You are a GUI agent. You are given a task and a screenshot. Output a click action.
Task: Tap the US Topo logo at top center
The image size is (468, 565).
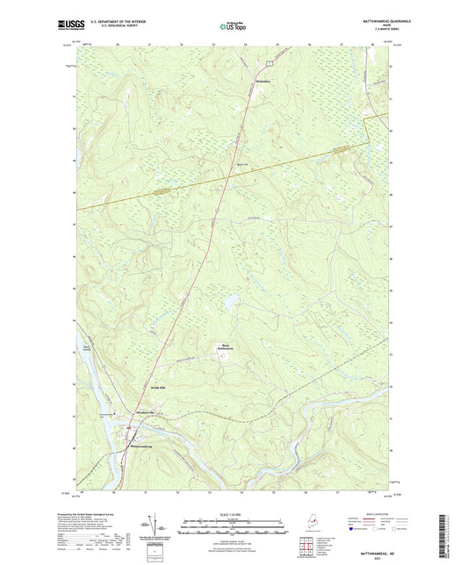click(x=233, y=27)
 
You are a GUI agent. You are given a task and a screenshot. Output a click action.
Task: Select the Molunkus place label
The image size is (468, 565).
click(x=262, y=82)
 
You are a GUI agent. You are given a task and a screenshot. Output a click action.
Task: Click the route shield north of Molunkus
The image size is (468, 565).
click(x=270, y=63)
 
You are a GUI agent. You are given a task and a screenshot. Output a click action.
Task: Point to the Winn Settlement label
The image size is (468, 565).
click(x=225, y=347)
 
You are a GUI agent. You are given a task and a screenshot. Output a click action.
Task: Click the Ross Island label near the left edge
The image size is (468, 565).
click(x=85, y=348)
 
